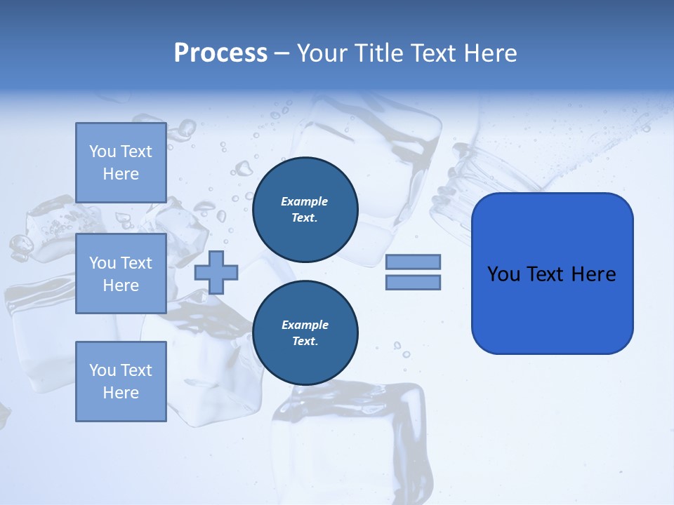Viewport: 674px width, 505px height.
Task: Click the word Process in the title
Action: (x=220, y=53)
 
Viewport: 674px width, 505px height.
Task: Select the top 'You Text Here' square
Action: (x=121, y=163)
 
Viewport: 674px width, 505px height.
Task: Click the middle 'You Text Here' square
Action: (x=121, y=274)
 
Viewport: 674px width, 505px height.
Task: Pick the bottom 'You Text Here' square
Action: (x=121, y=382)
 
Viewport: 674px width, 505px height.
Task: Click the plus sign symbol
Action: (x=216, y=272)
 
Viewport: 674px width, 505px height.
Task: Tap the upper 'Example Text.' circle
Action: (x=305, y=210)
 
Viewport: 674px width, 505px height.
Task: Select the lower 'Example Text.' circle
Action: (x=305, y=333)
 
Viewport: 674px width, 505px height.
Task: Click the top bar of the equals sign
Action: (x=413, y=262)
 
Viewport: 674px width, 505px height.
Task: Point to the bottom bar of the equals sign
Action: (x=413, y=283)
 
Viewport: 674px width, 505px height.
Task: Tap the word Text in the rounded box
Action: (x=548, y=274)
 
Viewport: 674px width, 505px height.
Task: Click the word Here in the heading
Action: (x=489, y=53)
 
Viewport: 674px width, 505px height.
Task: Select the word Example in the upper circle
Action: (x=305, y=201)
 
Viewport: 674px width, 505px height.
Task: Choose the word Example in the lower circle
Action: (x=305, y=325)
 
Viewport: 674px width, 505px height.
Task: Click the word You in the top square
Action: (x=103, y=151)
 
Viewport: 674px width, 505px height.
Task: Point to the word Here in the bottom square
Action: (x=121, y=393)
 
